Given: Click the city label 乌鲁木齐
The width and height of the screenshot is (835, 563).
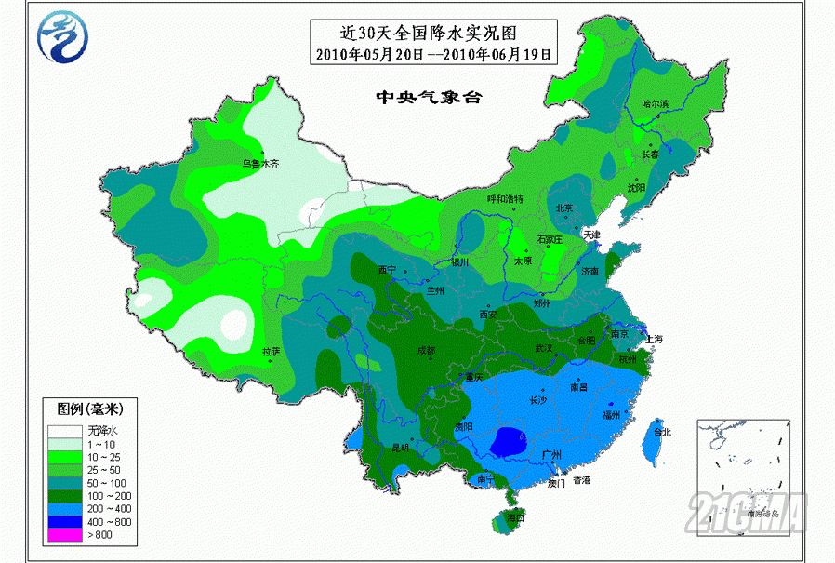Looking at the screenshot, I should pos(260,164).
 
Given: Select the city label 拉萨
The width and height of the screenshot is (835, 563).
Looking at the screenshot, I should pos(271,352).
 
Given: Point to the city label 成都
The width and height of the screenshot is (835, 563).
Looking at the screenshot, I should pos(425,351).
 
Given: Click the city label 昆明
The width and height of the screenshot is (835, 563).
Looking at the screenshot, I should pos(400,448).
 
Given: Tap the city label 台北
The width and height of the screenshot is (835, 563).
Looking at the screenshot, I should pos(662,432).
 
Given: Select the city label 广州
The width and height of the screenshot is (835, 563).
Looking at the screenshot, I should pos(553,455).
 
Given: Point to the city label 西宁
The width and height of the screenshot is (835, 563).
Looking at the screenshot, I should pos(387,270).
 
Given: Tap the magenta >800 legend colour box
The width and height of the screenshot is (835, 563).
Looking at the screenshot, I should pos(64,535).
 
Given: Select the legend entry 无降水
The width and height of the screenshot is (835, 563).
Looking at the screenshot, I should pos(103,430).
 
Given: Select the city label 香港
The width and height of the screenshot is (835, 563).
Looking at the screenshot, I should pos(581,480).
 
